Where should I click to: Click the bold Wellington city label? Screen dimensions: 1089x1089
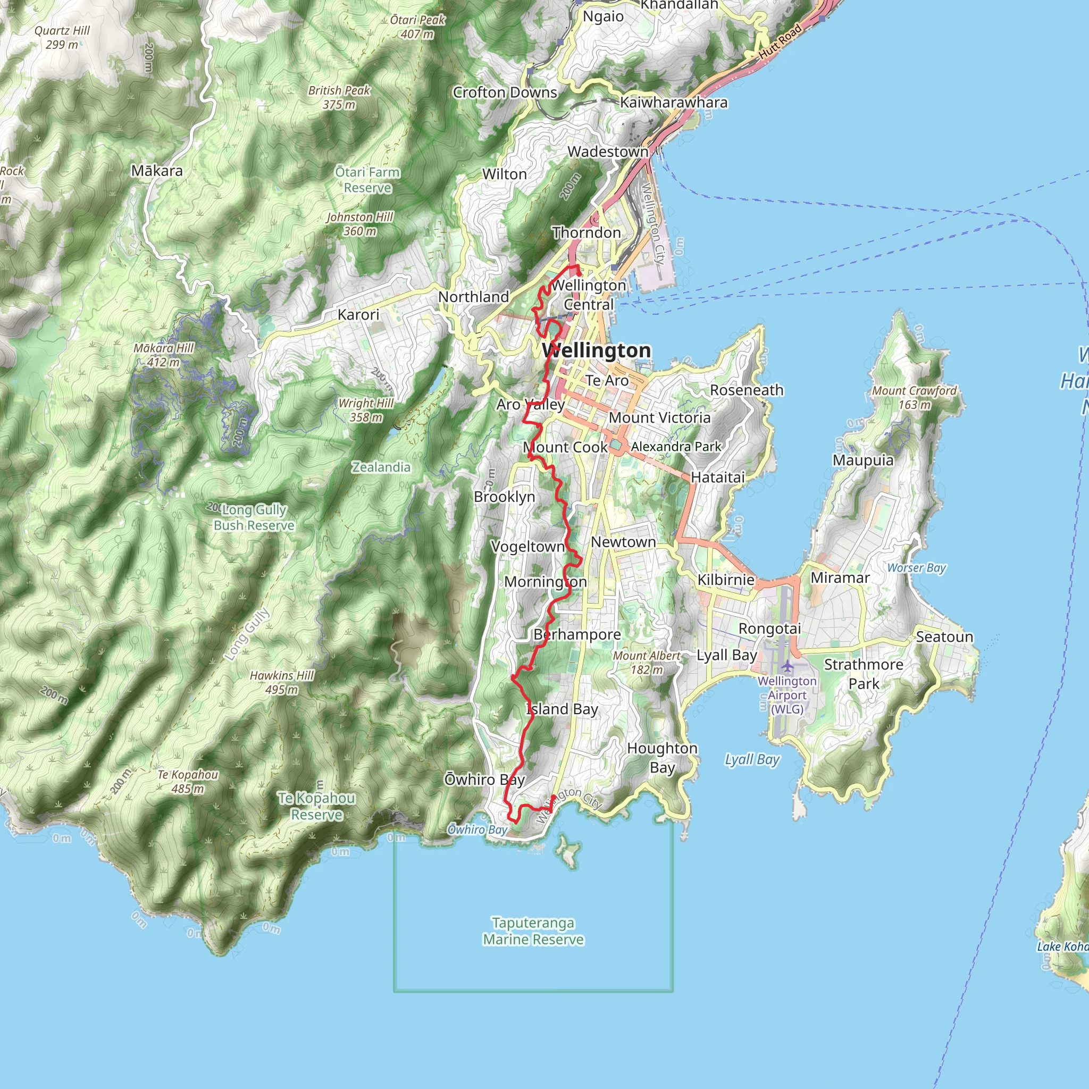[597, 350]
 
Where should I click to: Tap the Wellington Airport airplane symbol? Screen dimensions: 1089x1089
[788, 667]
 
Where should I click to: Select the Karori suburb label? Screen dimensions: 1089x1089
[358, 315]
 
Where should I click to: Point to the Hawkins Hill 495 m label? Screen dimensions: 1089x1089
[282, 682]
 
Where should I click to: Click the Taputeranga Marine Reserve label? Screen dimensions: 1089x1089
[533, 931]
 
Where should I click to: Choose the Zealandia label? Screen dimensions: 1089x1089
[381, 467]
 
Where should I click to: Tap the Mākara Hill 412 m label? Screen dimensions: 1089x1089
[163, 355]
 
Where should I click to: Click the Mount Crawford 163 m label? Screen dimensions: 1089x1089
[914, 397]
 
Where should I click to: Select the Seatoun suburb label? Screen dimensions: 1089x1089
[944, 637]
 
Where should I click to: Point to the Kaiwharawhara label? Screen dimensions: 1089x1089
[674, 103]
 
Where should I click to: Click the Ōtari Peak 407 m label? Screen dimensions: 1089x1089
[417, 27]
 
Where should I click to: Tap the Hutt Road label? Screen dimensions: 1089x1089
[781, 41]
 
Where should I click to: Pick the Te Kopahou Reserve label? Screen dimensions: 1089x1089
[317, 806]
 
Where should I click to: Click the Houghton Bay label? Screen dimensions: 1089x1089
[663, 758]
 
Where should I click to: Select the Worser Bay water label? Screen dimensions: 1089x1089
[917, 568]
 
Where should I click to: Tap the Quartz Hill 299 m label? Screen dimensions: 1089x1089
[62, 37]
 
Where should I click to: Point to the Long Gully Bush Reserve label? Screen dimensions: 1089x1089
[254, 517]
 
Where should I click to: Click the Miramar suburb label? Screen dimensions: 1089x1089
[840, 578]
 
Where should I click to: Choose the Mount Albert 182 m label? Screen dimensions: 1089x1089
[647, 663]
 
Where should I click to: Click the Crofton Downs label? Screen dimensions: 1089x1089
[505, 93]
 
